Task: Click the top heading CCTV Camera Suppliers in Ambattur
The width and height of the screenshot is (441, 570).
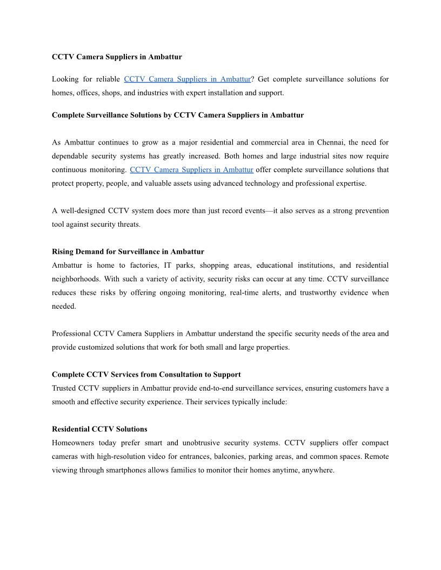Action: (x=117, y=57)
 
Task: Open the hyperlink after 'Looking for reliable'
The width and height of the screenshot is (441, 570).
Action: (x=187, y=79)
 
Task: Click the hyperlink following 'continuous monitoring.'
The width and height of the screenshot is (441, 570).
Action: (x=191, y=169)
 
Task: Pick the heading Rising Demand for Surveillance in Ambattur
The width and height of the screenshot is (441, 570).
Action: (x=128, y=252)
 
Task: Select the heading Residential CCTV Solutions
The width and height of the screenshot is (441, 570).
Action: (x=99, y=429)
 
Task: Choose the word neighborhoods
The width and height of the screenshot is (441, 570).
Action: (x=76, y=279)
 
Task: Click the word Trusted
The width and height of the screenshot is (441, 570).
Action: (x=64, y=388)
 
